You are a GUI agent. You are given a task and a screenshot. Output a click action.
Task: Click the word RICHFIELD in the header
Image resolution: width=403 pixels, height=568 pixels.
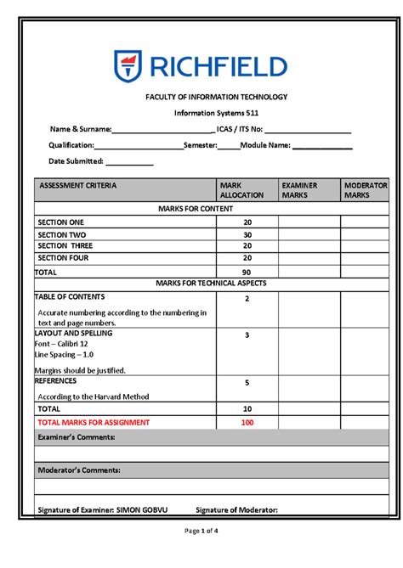[x=218, y=67]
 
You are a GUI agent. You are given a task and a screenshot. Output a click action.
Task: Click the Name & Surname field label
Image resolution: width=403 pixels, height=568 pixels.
[x=80, y=129]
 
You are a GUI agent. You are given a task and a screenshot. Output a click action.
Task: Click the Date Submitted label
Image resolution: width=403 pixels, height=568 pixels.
[x=76, y=160]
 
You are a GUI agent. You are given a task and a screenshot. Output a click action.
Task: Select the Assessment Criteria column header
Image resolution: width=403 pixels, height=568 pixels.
[x=77, y=185]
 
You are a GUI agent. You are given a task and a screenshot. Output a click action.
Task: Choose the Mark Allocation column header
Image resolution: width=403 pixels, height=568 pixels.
[x=241, y=189]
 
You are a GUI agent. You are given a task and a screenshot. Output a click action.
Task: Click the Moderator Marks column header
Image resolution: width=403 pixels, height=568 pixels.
[x=365, y=189]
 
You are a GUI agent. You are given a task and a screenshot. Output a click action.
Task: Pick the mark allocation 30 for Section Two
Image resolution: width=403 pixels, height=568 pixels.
[x=247, y=235]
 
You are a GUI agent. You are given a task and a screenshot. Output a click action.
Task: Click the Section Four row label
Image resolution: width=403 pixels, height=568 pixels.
[x=63, y=258]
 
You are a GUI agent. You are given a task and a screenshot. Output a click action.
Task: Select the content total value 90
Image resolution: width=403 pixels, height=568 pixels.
[x=247, y=273]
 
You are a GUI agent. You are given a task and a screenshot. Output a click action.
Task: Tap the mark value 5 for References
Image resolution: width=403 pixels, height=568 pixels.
[x=247, y=383]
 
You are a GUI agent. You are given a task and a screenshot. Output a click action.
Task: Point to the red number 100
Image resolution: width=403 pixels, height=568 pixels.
[x=247, y=422]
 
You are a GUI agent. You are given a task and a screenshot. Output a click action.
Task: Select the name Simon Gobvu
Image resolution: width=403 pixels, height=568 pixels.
[x=141, y=510]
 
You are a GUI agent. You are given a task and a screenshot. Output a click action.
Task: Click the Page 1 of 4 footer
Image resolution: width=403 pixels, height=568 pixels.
[x=201, y=531]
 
